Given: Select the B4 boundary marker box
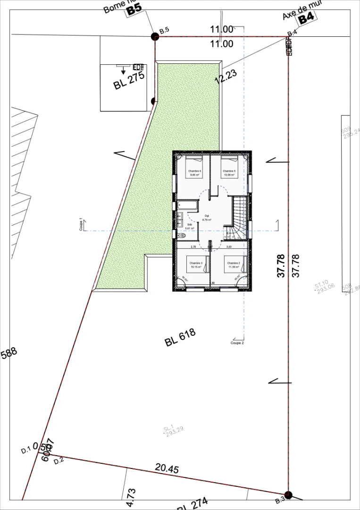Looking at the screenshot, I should (306, 18).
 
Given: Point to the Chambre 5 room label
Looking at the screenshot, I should (229, 172).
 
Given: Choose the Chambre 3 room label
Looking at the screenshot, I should (195, 264).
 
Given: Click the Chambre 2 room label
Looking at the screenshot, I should (234, 264).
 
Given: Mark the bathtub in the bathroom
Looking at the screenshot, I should (188, 205).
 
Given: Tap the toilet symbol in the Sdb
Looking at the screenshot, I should (182, 235).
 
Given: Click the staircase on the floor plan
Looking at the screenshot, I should (238, 217).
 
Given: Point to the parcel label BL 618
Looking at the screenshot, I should (180, 338).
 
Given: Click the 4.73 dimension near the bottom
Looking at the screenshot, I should (131, 497).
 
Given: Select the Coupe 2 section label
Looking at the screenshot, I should (237, 343).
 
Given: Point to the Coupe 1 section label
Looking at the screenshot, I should (81, 224).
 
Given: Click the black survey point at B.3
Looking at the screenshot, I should (288, 495).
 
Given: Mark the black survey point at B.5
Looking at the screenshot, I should (154, 36).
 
